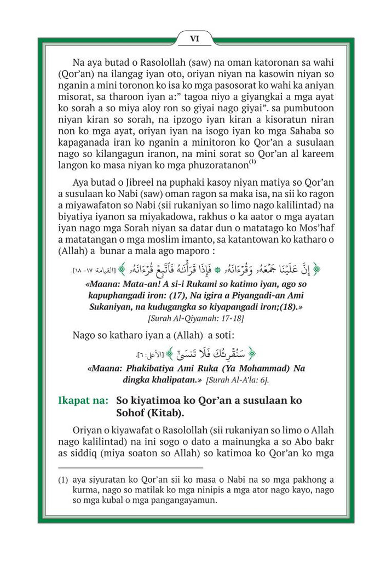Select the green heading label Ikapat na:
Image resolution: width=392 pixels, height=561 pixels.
tap(83, 400)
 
